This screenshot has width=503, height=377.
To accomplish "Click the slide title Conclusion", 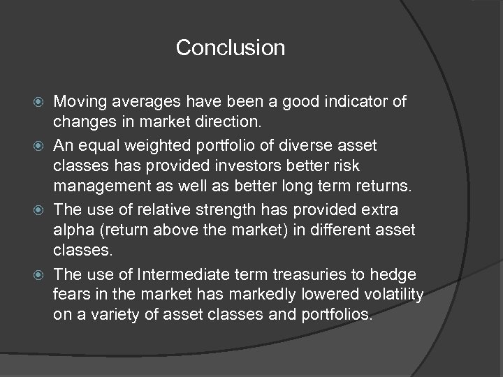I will click(x=231, y=48).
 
